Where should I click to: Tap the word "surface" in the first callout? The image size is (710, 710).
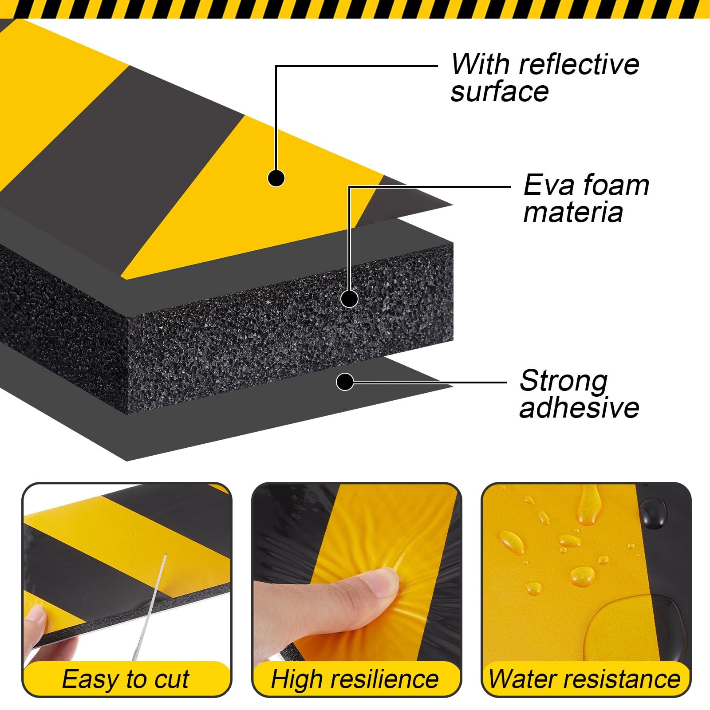(500, 92)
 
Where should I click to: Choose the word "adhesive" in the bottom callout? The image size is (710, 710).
(579, 407)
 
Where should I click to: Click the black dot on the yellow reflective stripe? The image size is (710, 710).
(276, 178)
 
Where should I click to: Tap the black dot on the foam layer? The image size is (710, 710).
(349, 299)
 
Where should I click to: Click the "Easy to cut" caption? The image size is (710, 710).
(126, 679)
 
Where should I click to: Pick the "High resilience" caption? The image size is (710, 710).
(355, 679)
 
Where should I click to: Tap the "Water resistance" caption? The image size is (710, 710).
(584, 679)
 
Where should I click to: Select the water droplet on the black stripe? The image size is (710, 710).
(653, 510)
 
